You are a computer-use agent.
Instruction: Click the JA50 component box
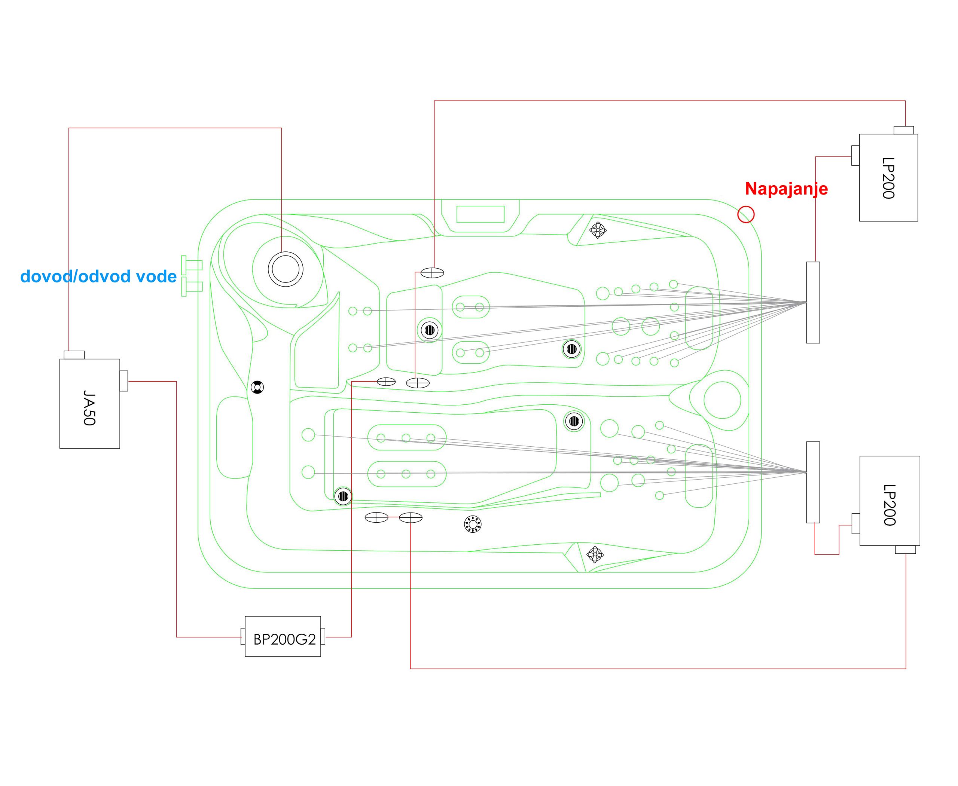point(90,404)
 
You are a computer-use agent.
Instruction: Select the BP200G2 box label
point(284,639)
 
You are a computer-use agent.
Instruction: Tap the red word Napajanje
point(786,189)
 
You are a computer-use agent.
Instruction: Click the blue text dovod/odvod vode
point(98,276)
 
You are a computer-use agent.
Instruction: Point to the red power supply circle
point(745,214)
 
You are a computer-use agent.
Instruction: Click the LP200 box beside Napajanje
point(888,177)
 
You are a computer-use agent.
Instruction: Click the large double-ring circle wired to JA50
point(286,269)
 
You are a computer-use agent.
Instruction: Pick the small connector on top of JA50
point(74,355)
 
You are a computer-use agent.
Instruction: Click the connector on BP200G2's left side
point(243,637)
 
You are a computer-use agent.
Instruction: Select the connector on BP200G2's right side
point(323,637)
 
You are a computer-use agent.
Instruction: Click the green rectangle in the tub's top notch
point(480,214)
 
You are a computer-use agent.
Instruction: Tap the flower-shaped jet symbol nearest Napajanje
point(598,230)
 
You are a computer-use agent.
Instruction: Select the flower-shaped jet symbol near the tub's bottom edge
point(595,554)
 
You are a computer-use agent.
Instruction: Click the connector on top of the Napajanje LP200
point(903,131)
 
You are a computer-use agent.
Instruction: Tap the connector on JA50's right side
point(123,381)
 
